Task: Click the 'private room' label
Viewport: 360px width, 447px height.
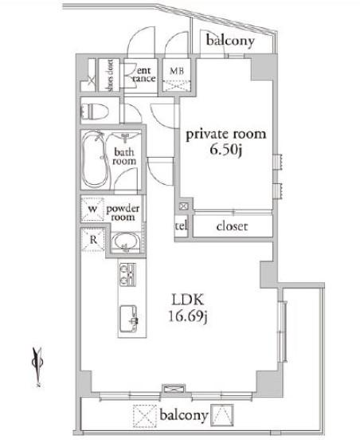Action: tap(225, 133)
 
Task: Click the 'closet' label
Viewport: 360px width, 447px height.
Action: tap(232, 226)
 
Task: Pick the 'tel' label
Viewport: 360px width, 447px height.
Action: tap(181, 226)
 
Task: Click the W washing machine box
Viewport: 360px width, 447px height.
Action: tap(93, 211)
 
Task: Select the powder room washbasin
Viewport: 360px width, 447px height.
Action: tap(123, 241)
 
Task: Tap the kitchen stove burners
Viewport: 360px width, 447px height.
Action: tap(127, 276)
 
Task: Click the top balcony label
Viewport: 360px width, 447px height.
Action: tap(231, 41)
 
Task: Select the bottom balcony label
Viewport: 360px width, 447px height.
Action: tap(183, 415)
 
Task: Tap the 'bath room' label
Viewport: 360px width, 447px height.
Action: tap(125, 155)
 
